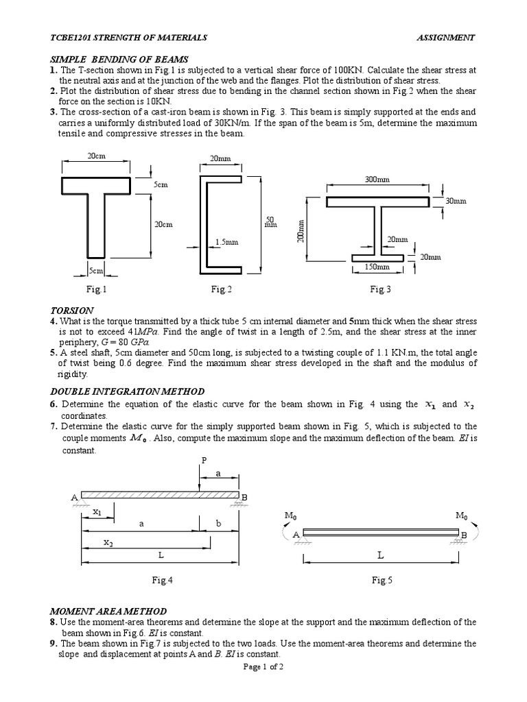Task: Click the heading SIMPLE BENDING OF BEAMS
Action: (x=119, y=60)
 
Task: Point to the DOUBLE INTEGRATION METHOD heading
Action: (x=127, y=391)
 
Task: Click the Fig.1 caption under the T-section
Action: (x=96, y=289)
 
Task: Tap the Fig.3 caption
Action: (x=380, y=289)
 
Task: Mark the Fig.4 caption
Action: (x=162, y=580)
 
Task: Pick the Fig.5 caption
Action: (x=382, y=580)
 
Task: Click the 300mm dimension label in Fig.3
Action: (x=377, y=180)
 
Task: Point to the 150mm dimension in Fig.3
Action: (x=377, y=267)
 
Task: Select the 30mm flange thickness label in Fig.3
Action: (x=456, y=202)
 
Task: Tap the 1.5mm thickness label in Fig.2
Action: (x=226, y=242)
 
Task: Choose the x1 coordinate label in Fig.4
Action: (x=96, y=511)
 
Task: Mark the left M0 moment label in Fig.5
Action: (x=290, y=515)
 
